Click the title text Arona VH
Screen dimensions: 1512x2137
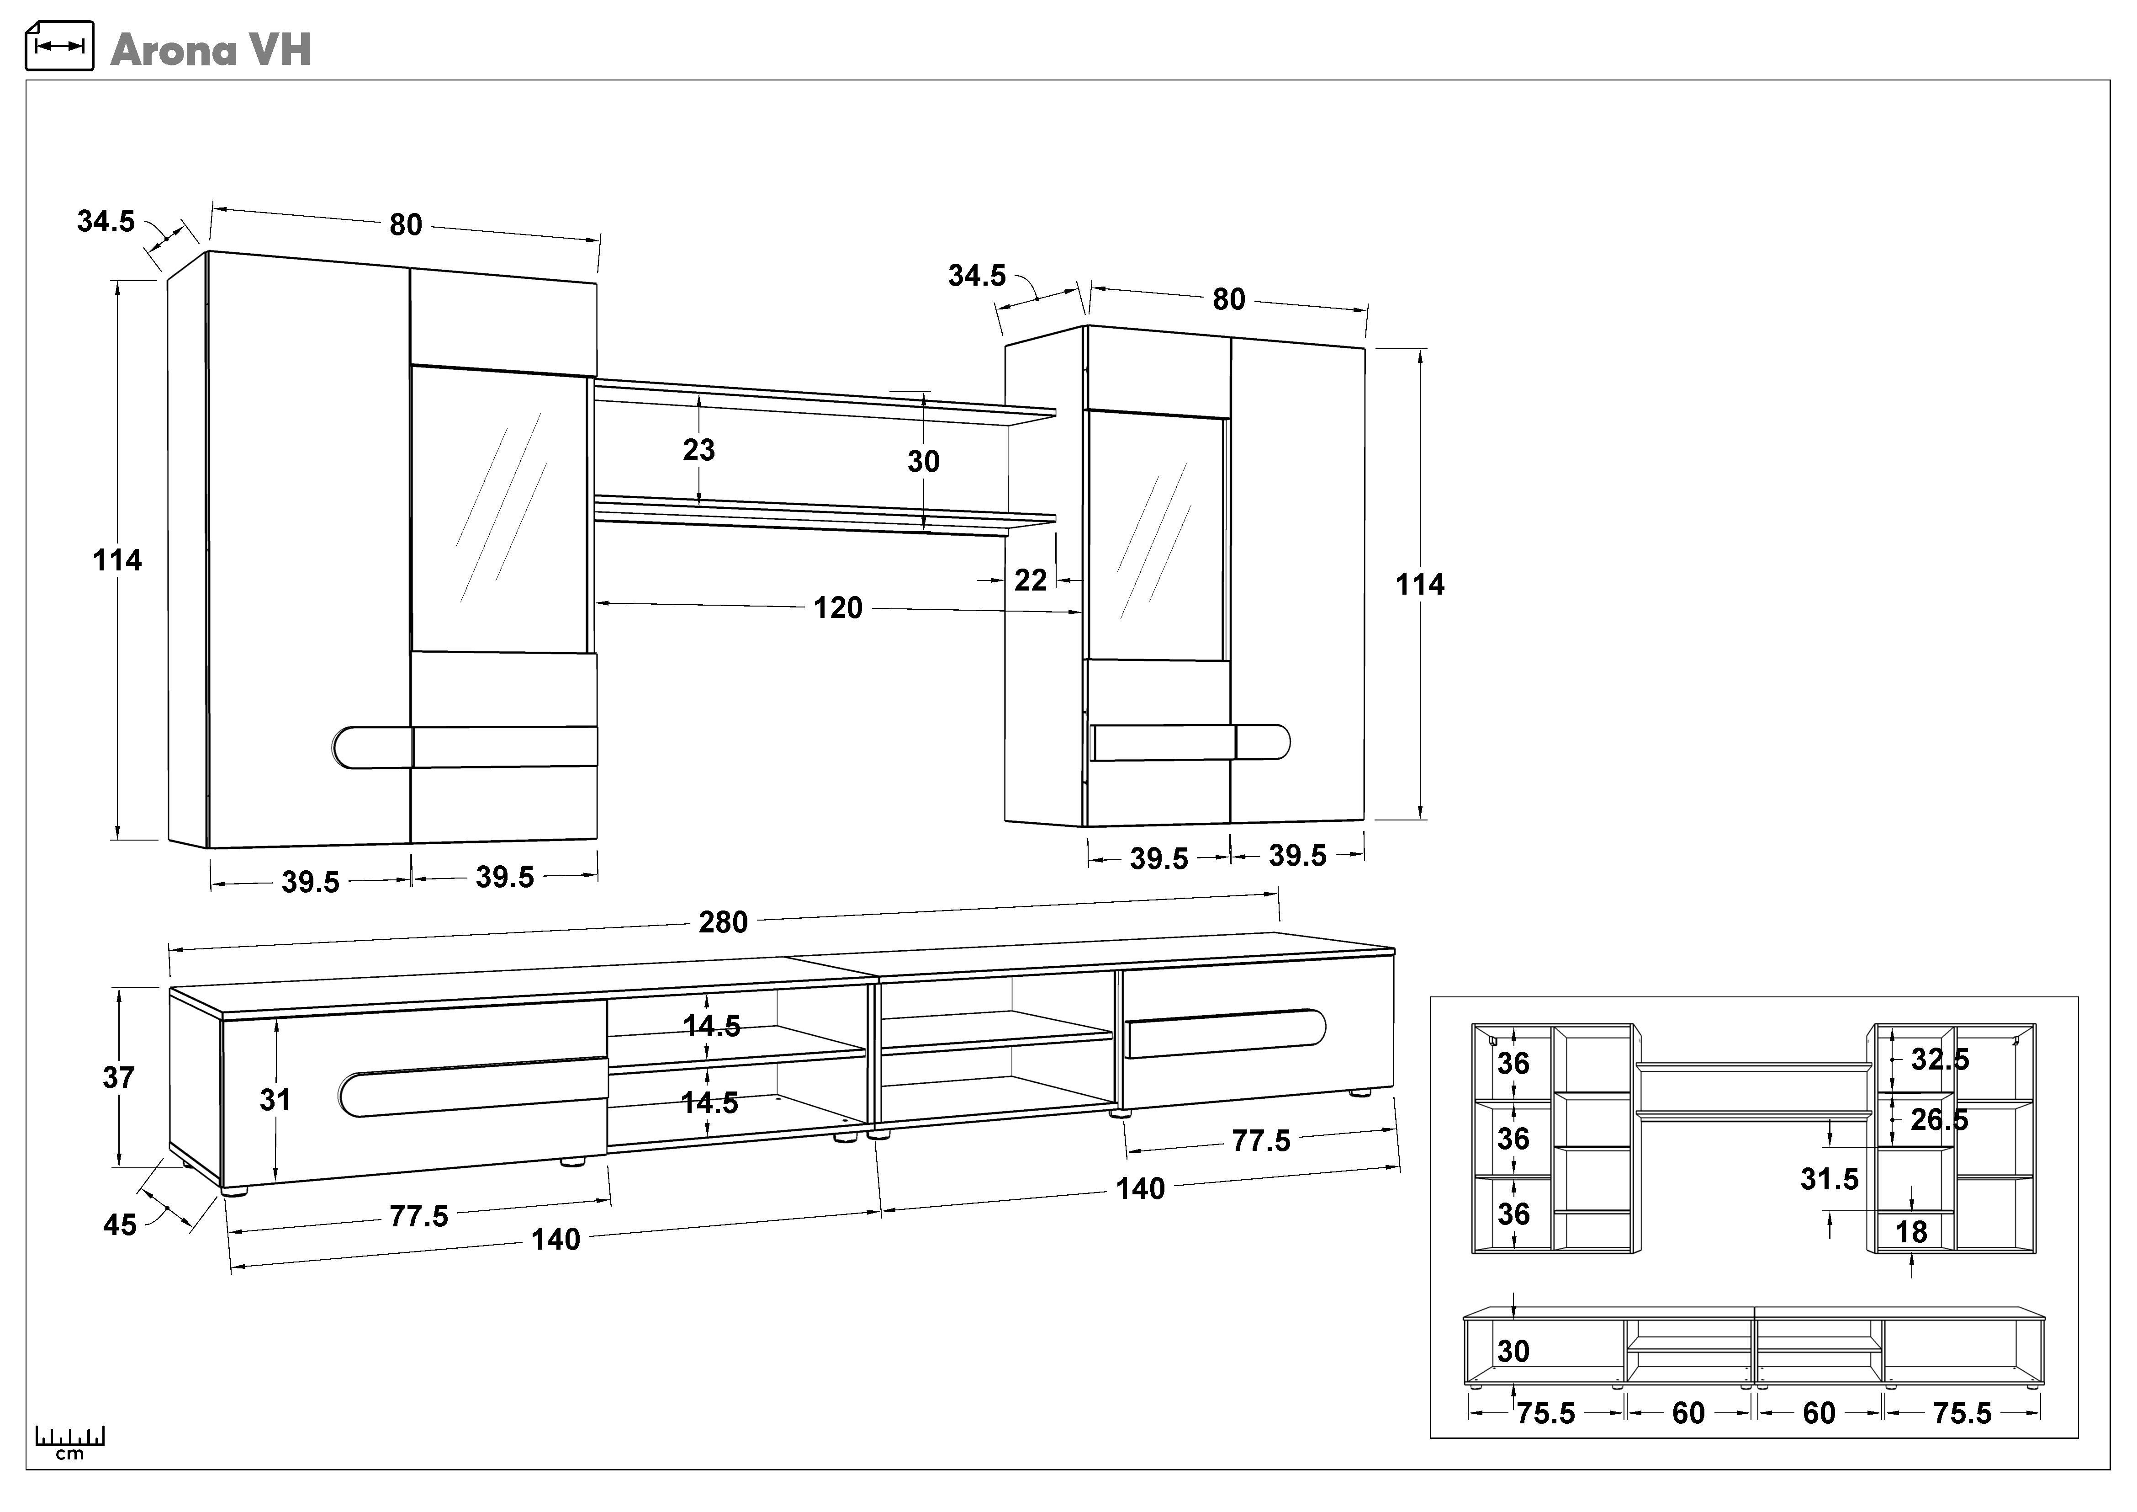tap(210, 50)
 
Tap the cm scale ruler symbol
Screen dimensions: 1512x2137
tap(70, 1440)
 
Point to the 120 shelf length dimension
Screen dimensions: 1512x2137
tap(838, 608)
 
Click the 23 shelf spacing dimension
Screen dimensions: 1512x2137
tap(699, 450)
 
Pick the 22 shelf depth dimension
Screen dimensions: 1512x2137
tap(1030, 580)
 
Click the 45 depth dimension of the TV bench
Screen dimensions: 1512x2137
tap(120, 1225)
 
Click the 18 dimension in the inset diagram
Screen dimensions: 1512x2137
tap(1911, 1232)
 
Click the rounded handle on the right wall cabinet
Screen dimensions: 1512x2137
tap(1263, 742)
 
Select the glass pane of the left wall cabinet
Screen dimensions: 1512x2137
tap(500, 510)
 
